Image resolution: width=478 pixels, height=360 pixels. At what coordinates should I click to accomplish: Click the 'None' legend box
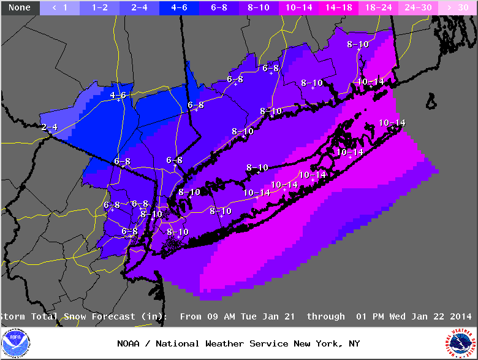(20, 8)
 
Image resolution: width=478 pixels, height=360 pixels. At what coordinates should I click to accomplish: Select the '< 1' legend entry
(59, 8)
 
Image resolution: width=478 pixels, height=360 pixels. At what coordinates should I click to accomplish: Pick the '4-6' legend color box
(179, 8)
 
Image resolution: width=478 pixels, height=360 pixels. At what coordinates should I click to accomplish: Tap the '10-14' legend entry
(298, 8)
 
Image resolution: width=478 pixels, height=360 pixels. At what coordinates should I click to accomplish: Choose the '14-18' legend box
(338, 8)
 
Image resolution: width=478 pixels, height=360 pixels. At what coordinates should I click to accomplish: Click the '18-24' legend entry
(378, 8)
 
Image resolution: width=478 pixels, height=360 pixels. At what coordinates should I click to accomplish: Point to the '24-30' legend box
(418, 8)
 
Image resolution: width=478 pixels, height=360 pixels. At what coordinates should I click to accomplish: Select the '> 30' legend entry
(457, 8)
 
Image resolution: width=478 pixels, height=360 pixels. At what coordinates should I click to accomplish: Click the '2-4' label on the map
(49, 127)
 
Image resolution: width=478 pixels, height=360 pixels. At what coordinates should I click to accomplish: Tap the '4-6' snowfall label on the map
(118, 95)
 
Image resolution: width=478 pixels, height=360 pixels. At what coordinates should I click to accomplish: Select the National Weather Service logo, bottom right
(461, 343)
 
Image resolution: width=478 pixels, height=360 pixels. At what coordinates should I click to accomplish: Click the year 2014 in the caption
(461, 316)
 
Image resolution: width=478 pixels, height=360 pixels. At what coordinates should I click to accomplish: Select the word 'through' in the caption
(325, 316)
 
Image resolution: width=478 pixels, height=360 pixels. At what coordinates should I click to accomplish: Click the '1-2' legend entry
(99, 8)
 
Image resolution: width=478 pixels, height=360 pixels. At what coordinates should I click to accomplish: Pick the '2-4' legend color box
(139, 8)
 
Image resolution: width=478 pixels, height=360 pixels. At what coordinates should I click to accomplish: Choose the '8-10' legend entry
(259, 8)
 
